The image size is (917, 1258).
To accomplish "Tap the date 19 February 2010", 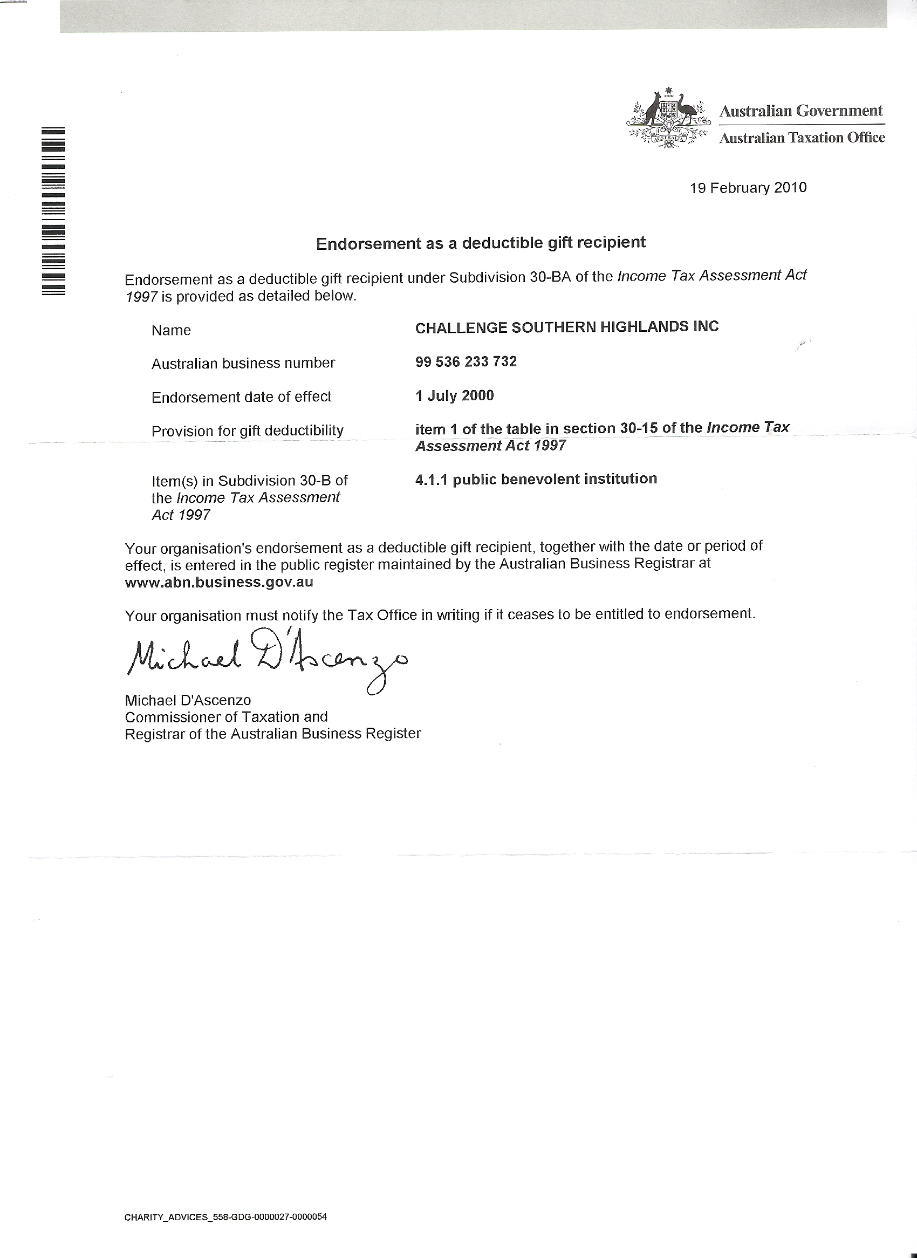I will (748, 188).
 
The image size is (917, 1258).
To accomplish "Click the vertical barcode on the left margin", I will (53, 211).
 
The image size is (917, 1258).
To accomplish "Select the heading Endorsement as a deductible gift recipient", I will (481, 243).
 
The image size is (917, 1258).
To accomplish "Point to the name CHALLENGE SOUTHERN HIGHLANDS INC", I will (567, 327).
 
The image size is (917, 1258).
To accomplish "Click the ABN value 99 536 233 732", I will (466, 362).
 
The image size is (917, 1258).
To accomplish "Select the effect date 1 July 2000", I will (454, 396).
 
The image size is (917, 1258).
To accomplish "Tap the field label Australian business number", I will (243, 364).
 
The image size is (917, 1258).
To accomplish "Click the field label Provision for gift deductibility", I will (248, 431).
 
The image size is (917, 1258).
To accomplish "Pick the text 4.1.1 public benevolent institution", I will (536, 479).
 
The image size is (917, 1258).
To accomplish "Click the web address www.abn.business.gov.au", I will (218, 583).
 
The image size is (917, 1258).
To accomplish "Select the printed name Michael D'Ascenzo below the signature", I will (188, 700).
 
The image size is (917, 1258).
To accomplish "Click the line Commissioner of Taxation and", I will (226, 717).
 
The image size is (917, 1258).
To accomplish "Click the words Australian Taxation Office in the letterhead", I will (802, 138).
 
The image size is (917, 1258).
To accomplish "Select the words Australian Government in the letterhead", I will (800, 111).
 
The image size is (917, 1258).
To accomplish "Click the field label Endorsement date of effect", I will (242, 397).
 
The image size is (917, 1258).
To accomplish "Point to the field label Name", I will (171, 331).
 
